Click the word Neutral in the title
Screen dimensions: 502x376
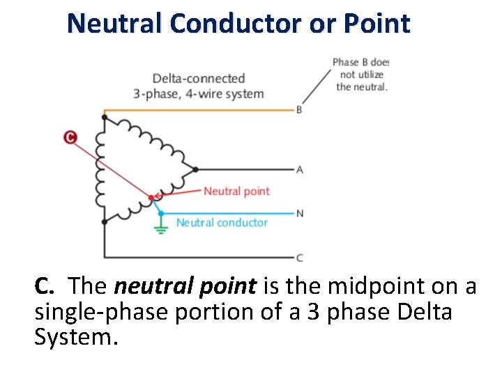click(115, 24)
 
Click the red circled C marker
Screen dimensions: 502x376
click(70, 137)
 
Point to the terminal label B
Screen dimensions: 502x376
click(299, 110)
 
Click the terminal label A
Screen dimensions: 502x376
click(299, 169)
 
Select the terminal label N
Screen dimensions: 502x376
click(299, 213)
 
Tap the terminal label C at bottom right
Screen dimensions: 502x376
click(299, 258)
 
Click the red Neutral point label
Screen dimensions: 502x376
click(236, 191)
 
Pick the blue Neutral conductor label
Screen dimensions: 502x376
click(222, 222)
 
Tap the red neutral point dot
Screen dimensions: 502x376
click(151, 198)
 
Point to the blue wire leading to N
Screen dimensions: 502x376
click(230, 213)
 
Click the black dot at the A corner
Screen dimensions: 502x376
click(195, 169)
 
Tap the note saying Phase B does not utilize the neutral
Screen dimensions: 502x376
click(360, 75)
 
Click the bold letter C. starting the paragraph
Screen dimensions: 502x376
click(45, 286)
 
